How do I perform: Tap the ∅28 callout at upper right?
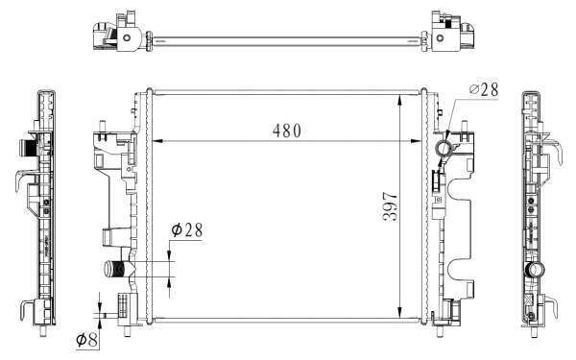click(485, 90)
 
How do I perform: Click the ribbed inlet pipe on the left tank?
click(121, 271)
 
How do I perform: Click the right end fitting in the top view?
click(448, 34)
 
